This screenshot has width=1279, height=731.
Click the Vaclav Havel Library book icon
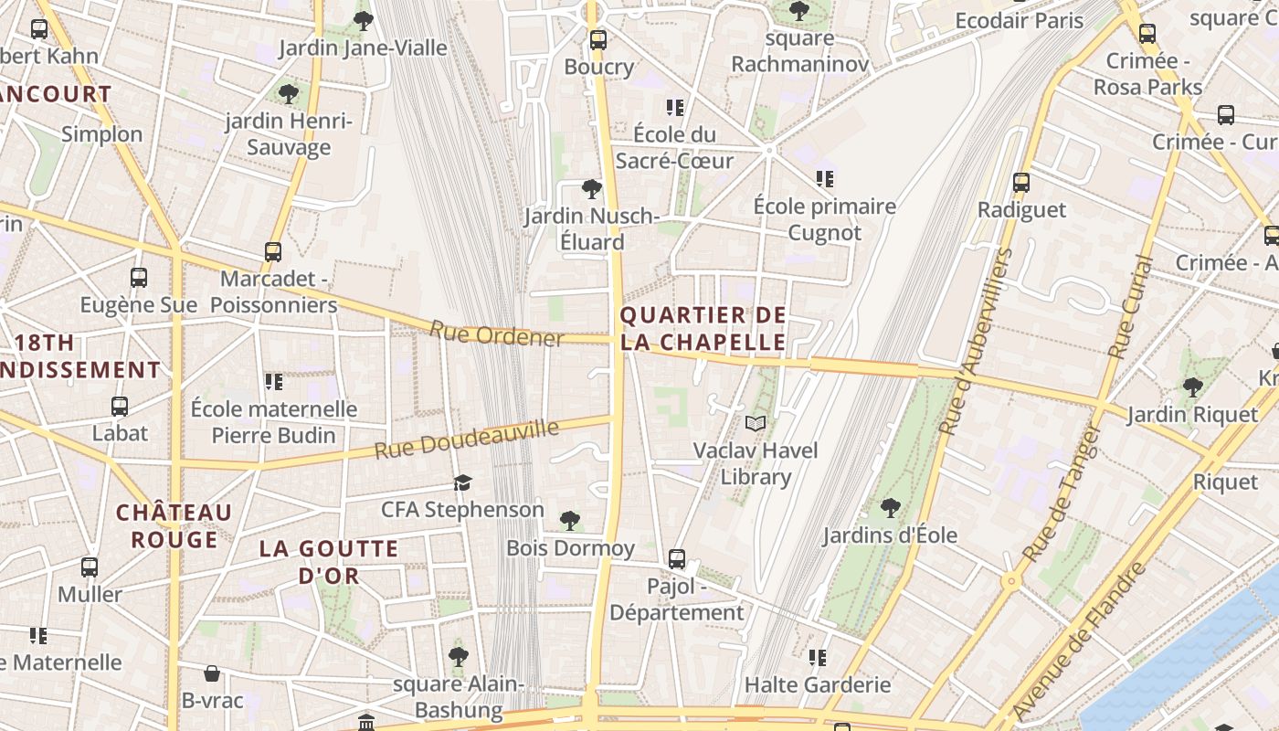pyautogui.click(x=756, y=423)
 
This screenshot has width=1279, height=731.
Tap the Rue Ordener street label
pyautogui.click(x=497, y=334)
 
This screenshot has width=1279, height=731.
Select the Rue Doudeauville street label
pyautogui.click(x=466, y=440)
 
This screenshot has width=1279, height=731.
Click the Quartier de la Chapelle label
pyautogui.click(x=703, y=329)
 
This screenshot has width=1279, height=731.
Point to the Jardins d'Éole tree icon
pyautogui.click(x=891, y=507)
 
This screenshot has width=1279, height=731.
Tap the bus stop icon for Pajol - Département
pyautogui.click(x=677, y=558)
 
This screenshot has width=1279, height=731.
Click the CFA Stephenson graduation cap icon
pyautogui.click(x=463, y=482)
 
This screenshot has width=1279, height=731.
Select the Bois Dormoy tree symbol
pyautogui.click(x=570, y=521)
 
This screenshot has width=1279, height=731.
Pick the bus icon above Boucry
pyautogui.click(x=598, y=39)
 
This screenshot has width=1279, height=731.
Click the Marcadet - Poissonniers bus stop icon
pyautogui.click(x=273, y=251)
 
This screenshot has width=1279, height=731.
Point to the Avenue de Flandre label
pyautogui.click(x=1080, y=640)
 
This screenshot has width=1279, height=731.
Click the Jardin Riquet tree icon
pyautogui.click(x=1192, y=387)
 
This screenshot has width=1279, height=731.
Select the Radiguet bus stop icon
pyautogui.click(x=1021, y=182)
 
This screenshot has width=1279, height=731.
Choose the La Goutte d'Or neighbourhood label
pyautogui.click(x=329, y=562)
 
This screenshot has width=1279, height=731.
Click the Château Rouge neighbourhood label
pyautogui.click(x=174, y=525)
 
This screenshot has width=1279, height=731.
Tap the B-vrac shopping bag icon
pyautogui.click(x=212, y=673)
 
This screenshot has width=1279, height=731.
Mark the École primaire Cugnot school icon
pyautogui.click(x=825, y=178)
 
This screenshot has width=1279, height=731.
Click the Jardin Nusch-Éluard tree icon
pyautogui.click(x=592, y=189)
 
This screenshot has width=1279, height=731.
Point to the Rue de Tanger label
pyautogui.click(x=1062, y=493)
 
